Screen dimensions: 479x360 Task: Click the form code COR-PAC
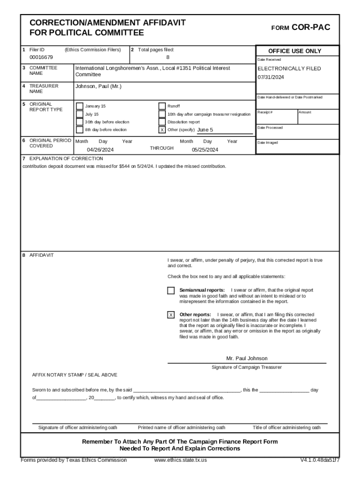tap(310, 28)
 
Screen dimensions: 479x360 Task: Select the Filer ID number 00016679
tap(41, 58)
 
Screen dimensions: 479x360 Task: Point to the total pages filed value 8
tap(168, 58)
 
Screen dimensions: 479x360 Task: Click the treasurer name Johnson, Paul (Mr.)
tap(98, 87)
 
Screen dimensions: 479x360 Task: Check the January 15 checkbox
tap(79, 106)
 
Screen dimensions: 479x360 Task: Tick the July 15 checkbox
tap(79, 114)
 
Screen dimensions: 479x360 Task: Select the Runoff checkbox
tap(162, 106)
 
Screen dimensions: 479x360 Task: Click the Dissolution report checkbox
tap(162, 122)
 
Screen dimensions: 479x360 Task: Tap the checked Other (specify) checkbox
tap(162, 130)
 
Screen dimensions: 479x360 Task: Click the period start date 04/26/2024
tap(100, 150)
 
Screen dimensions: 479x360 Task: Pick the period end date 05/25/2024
tap(205, 150)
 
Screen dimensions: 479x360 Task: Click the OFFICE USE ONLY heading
tap(295, 51)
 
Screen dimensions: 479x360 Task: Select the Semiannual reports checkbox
tap(171, 291)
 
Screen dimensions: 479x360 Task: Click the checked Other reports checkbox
tap(171, 315)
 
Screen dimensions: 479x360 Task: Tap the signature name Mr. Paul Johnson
tap(247, 358)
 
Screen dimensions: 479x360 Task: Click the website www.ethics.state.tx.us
tap(180, 460)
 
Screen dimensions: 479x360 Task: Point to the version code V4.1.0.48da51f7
tap(320, 460)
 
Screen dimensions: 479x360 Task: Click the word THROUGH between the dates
tap(161, 148)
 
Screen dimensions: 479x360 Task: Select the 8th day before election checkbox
tap(79, 130)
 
